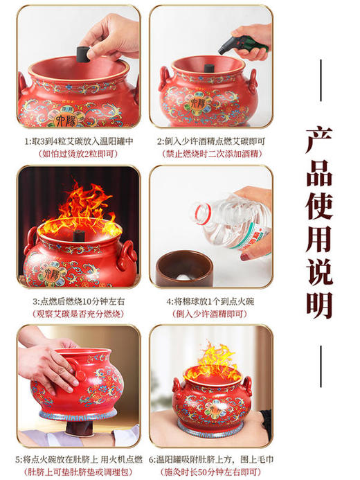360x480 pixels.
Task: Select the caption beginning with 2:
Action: click(210, 141)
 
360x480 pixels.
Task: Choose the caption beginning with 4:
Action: click(210, 302)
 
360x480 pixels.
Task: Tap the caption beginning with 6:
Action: click(210, 460)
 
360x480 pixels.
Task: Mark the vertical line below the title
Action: click(320, 367)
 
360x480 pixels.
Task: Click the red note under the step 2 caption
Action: click(210, 154)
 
